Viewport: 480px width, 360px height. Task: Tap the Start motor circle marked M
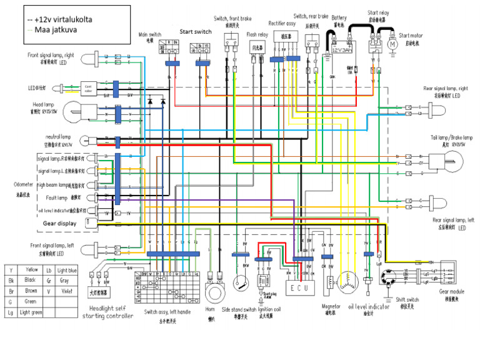392,44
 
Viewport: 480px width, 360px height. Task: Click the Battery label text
339,18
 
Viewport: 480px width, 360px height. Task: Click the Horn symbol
216,291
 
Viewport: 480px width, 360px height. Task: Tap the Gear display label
59,223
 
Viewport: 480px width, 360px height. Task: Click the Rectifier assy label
282,23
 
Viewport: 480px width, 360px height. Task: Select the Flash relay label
257,35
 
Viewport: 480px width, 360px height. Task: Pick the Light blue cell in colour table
67,270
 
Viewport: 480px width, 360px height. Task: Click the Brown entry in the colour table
31,291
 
